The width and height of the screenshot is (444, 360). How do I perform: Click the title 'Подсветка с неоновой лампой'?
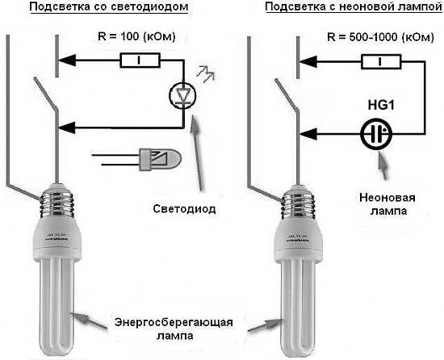pos(339,9)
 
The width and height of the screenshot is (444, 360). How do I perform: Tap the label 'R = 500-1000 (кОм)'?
pos(369,36)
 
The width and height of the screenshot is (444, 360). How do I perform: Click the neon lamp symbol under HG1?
pos(373,133)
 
